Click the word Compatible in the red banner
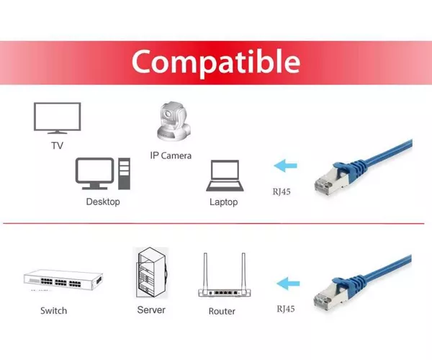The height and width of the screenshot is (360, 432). (x=216, y=63)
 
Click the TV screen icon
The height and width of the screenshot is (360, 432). (x=58, y=118)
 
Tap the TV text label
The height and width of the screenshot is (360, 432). (x=58, y=145)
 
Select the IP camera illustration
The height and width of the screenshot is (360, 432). (x=174, y=121)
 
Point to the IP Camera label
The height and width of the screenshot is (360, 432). (x=171, y=156)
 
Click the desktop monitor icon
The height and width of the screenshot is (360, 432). (x=94, y=174)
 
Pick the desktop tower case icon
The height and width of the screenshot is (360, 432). (x=125, y=174)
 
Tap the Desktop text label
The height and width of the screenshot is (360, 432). (x=103, y=202)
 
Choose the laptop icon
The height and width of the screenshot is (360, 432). (x=225, y=176)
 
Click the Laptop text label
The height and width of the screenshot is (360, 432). (x=224, y=202)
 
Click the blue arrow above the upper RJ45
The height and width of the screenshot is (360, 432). (x=285, y=166)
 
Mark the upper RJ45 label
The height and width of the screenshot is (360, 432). (x=282, y=192)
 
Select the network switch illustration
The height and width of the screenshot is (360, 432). (x=63, y=280)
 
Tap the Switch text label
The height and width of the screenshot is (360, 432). (x=54, y=311)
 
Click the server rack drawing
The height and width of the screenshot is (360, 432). (x=152, y=273)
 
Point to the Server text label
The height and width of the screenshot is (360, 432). (x=151, y=310)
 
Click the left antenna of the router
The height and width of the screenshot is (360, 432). (x=205, y=271)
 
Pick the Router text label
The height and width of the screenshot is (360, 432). (x=222, y=311)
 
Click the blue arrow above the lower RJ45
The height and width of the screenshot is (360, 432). (x=288, y=284)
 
